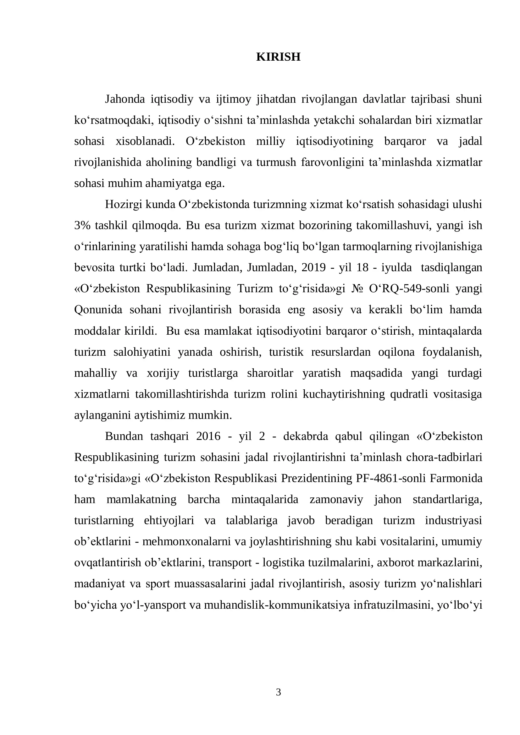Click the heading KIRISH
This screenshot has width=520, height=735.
tap(278, 57)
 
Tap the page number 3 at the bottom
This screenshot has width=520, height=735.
tap(278, 692)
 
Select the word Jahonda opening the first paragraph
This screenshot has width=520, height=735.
tap(125, 99)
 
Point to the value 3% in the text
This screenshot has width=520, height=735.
tap(82, 225)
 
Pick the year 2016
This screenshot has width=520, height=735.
tap(208, 436)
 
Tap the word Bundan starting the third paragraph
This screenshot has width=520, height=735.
tap(124, 436)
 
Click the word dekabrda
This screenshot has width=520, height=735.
tap(306, 436)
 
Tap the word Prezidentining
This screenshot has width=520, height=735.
tap(317, 478)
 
